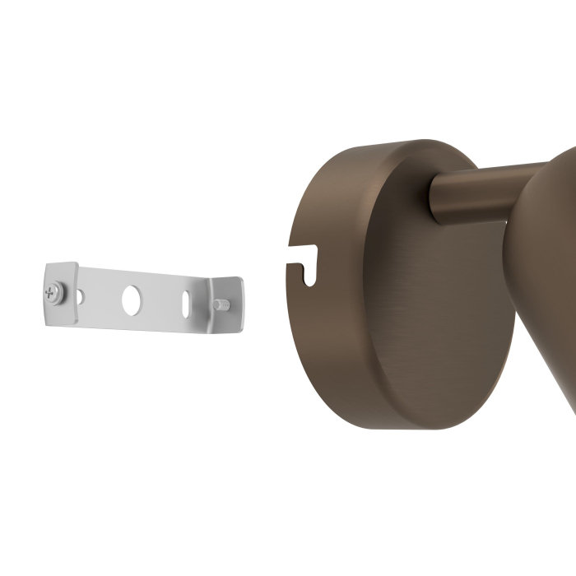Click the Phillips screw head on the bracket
[55, 290]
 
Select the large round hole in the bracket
[132, 300]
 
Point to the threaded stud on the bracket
[221, 304]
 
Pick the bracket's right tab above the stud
[225, 288]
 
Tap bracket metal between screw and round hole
[103, 298]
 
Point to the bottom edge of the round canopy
[411, 426]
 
